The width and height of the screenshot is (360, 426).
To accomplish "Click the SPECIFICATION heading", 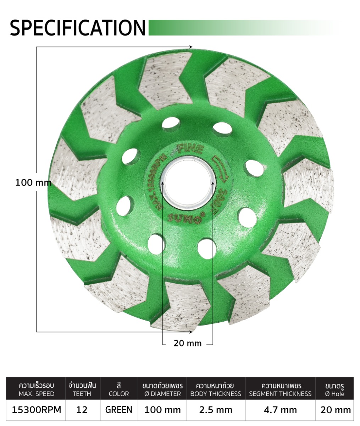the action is tap(78, 28).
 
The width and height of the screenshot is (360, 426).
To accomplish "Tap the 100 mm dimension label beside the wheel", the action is tap(33, 182).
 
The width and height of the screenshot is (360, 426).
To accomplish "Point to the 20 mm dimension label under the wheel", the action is tap(187, 343).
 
